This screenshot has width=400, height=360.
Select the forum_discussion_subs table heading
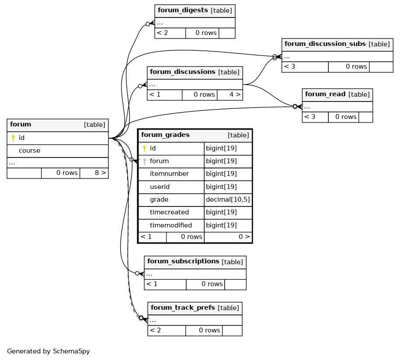point(325,44)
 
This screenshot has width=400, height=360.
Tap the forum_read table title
point(325,94)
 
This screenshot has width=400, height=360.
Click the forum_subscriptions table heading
point(183,261)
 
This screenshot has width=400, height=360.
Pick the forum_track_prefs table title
point(183,308)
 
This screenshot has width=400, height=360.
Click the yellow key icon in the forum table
point(13,138)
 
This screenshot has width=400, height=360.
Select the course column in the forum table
point(29,150)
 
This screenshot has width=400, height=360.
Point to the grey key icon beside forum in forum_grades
point(144,161)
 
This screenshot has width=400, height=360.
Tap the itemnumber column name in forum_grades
point(169,174)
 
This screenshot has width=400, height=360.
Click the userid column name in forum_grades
point(160,187)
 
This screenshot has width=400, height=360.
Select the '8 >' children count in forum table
point(100,173)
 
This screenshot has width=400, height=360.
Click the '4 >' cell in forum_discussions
point(235,95)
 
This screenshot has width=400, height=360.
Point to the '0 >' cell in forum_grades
point(244,237)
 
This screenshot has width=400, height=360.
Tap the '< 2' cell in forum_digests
point(163,33)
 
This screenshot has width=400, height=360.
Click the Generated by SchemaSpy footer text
point(49,351)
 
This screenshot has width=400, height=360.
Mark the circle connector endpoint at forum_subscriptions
point(137,273)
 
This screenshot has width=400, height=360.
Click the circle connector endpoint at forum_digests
point(148,24)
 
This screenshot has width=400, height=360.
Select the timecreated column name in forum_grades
point(169,213)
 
